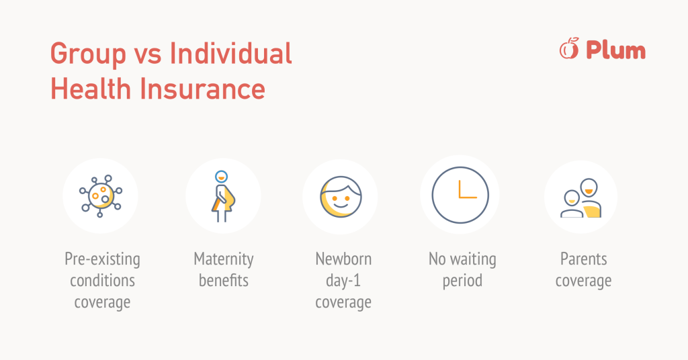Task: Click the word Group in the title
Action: [88, 54]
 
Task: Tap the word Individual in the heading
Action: [231, 53]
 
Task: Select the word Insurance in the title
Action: [202, 89]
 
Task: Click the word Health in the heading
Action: [91, 89]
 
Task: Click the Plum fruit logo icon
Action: [569, 48]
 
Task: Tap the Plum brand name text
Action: [616, 50]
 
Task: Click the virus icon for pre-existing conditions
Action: [101, 196]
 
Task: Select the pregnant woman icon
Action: [223, 196]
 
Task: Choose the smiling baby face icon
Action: [341, 196]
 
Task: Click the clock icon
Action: [460, 195]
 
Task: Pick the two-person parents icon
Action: [581, 197]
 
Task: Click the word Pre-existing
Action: [102, 259]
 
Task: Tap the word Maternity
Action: [224, 259]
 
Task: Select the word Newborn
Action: [343, 259]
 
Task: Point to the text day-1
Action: [343, 281]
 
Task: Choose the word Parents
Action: [584, 259]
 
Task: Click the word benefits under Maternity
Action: [224, 280]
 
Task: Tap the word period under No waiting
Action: [462, 281]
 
